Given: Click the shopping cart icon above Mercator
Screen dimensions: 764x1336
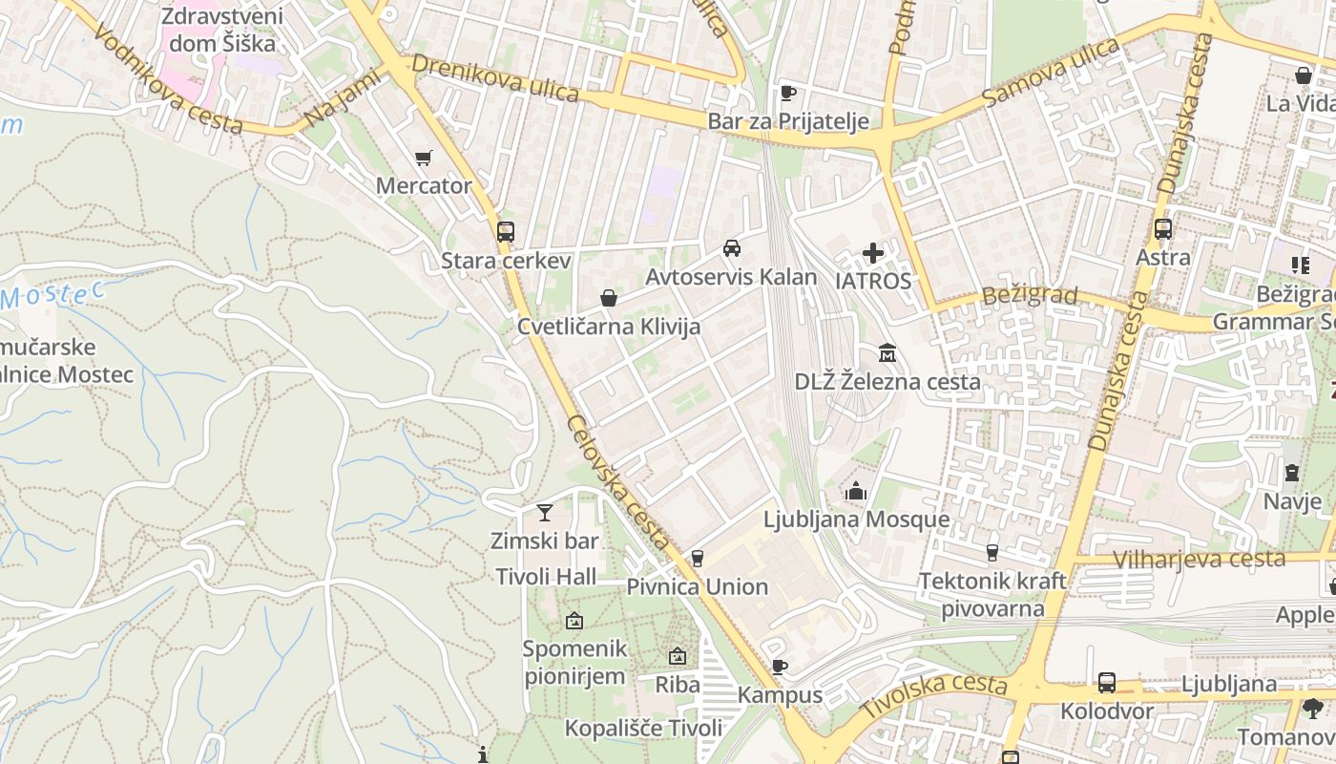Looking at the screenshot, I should [423, 158].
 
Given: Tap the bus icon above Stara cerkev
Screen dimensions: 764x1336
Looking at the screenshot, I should [506, 231].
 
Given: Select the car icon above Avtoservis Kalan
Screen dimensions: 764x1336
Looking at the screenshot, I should [732, 248].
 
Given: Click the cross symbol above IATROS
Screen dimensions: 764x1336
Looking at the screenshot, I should [873, 253].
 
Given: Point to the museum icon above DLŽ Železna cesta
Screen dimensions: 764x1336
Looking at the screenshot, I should [887, 353].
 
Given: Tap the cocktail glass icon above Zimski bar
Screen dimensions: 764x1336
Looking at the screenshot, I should [545, 513].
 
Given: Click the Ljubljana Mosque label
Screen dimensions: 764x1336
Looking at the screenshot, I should [856, 520].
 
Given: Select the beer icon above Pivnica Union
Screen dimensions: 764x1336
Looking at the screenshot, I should [698, 559].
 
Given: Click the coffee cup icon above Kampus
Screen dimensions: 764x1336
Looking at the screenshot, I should [780, 667].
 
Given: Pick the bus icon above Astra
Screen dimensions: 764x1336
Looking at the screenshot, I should [1162, 229].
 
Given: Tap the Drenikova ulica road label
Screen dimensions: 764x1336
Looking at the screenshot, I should [496, 78].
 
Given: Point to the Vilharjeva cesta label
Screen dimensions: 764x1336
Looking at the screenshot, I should [1199, 559].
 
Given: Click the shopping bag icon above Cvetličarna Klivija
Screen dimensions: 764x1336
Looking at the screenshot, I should [609, 299].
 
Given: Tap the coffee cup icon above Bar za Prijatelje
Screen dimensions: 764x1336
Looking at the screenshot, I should [788, 93].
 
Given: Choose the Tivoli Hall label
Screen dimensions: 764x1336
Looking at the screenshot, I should [546, 576].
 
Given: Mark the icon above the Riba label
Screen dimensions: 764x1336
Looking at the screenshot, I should [678, 656].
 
